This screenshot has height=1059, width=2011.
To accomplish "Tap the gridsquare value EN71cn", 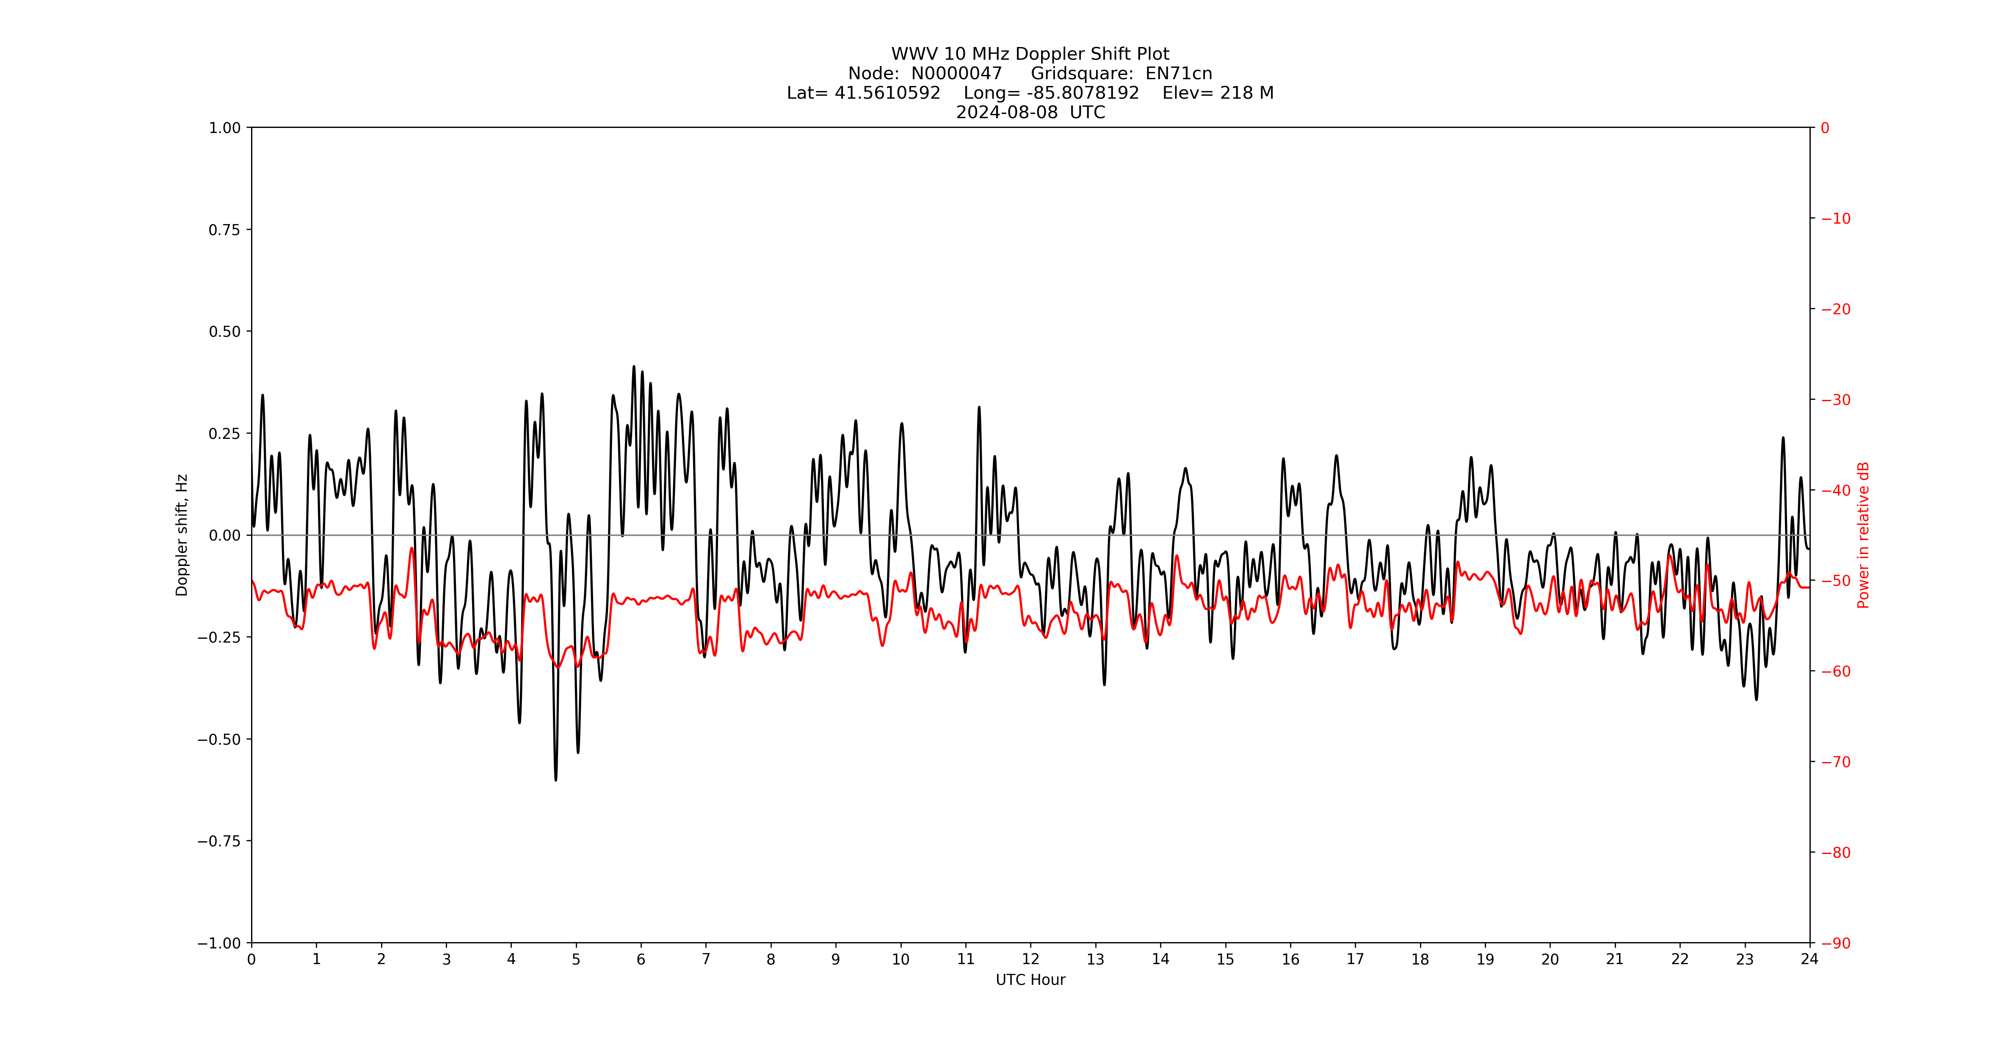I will coord(1179,73).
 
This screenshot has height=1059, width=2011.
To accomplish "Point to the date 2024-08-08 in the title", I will coord(1007,112).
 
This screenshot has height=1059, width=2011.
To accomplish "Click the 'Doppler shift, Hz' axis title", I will coord(182,535).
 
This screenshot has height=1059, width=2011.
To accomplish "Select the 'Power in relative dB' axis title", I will coord(1863,535).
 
